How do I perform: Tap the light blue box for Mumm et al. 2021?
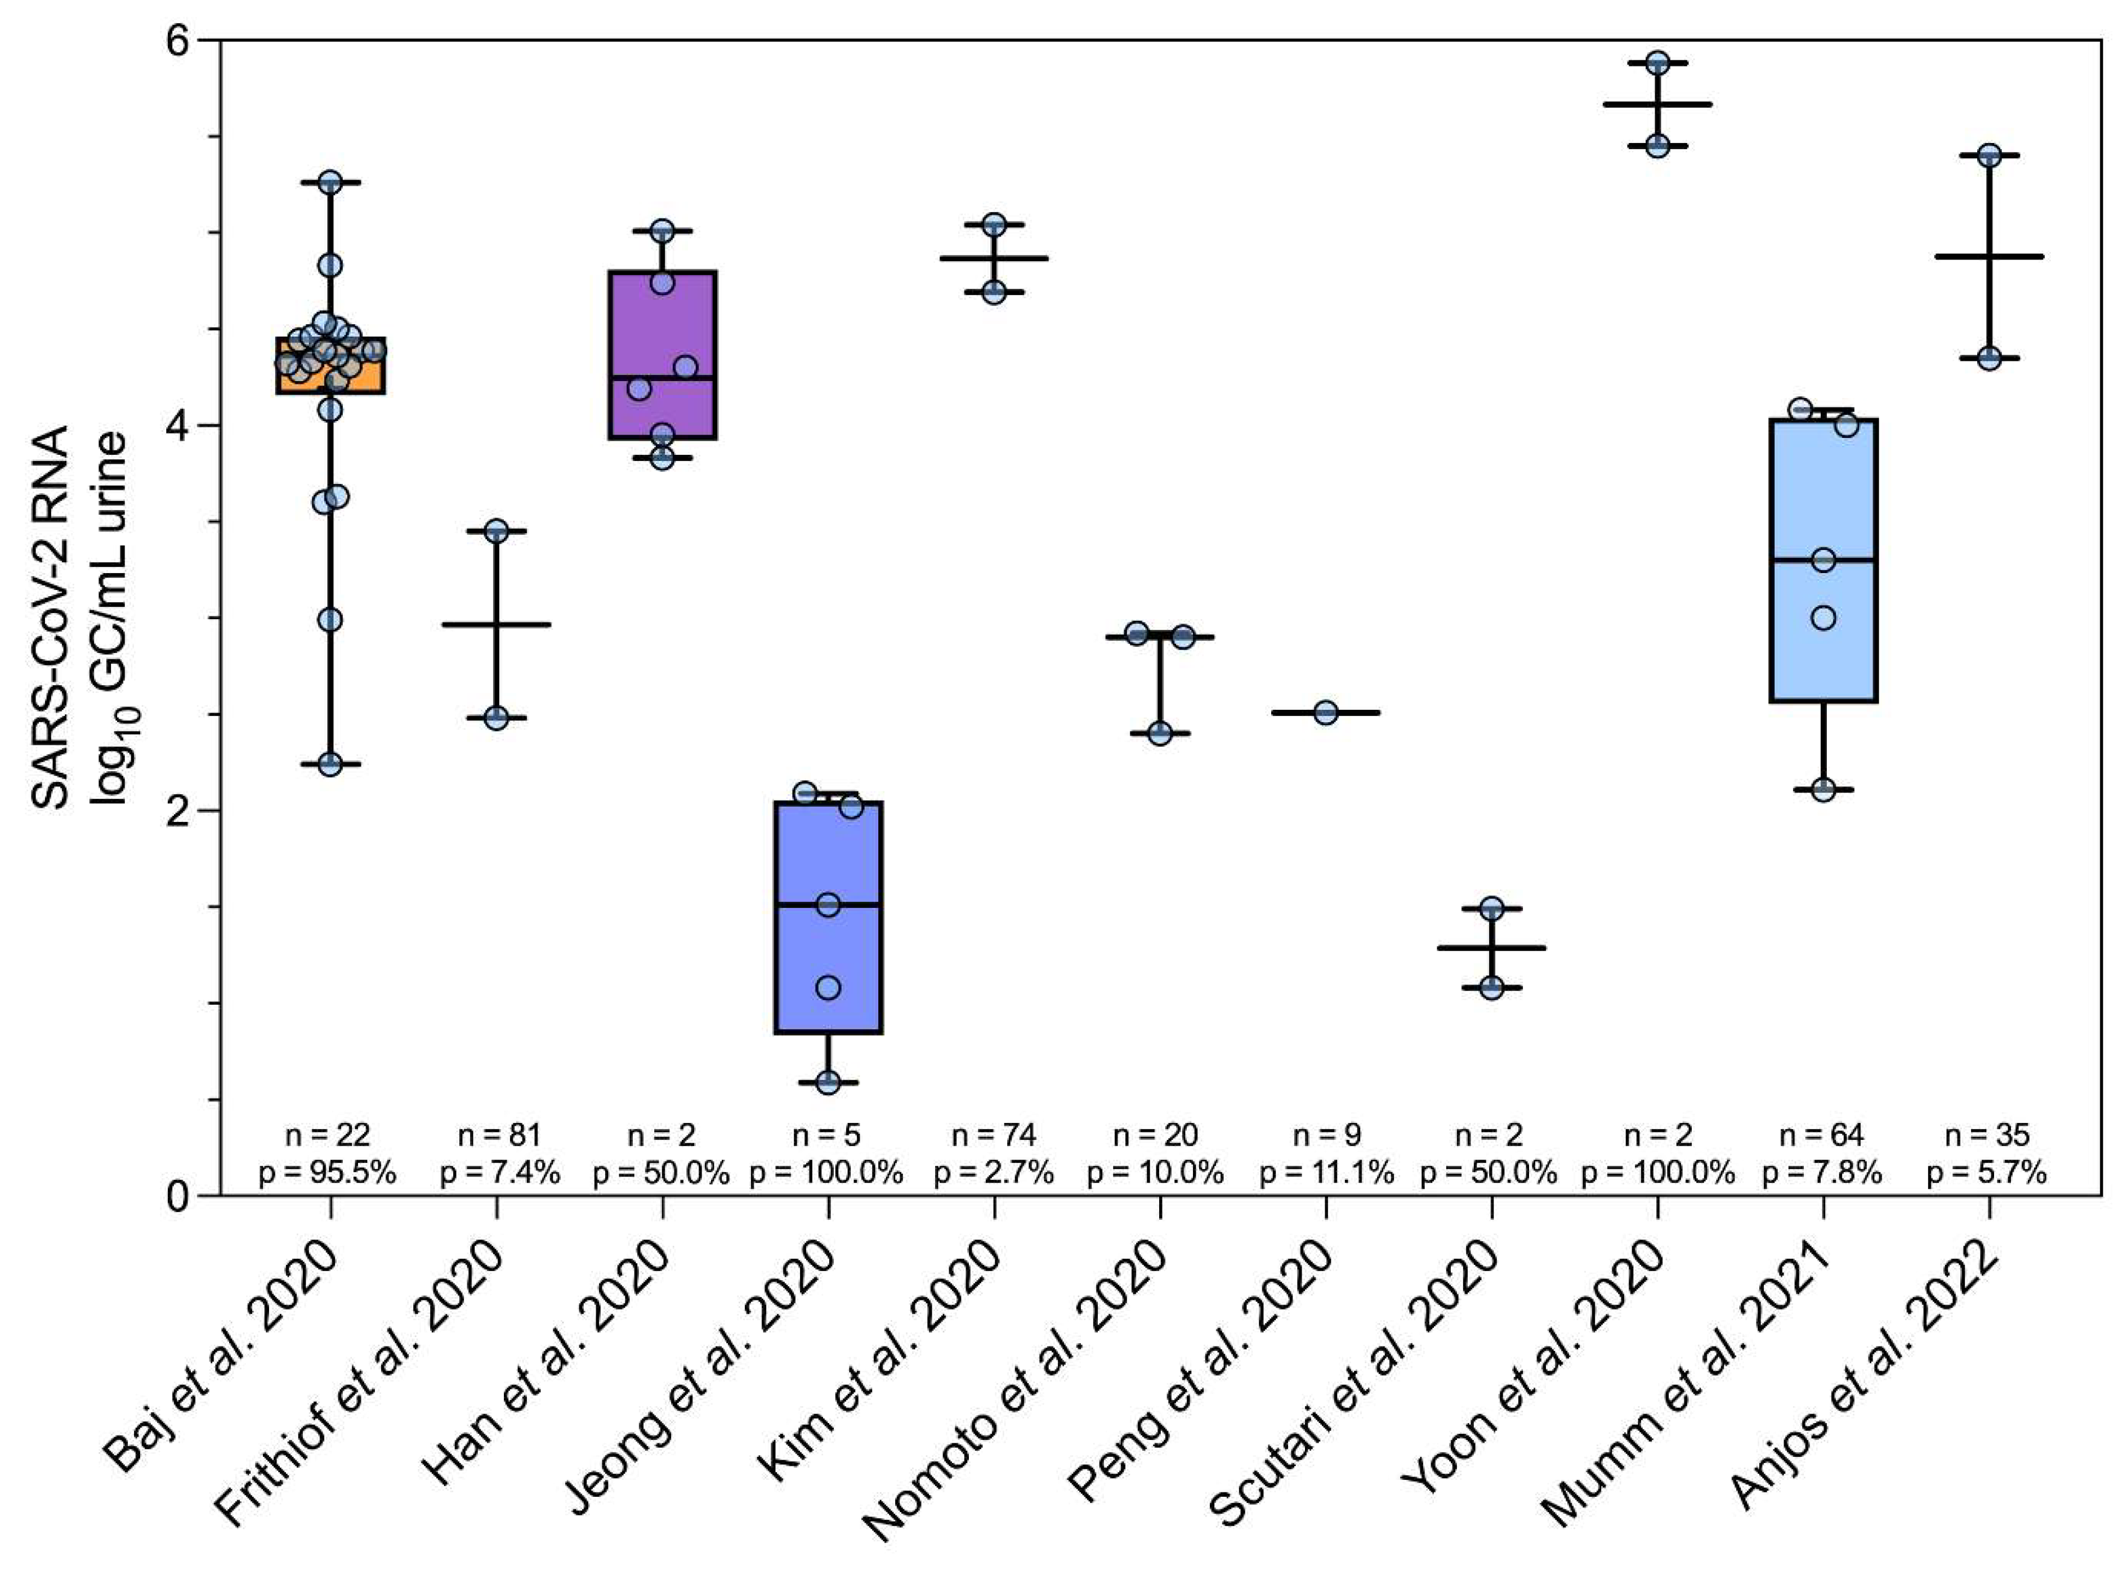1823,494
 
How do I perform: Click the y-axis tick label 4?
177,425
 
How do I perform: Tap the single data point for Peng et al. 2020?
1326,713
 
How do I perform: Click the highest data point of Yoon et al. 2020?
1657,62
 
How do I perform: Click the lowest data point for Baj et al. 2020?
330,764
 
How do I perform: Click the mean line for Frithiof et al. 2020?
496,624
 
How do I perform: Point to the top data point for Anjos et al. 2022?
1989,156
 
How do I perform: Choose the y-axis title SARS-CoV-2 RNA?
50,618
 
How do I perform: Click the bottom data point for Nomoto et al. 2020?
1159,733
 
